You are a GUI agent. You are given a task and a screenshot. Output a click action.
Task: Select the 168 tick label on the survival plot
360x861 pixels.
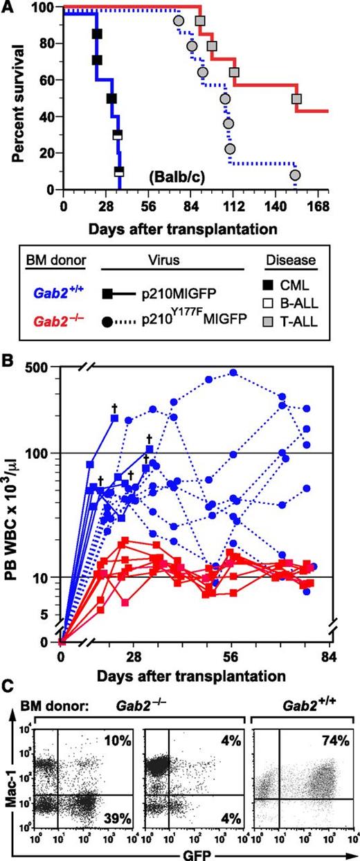coord(318,206)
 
